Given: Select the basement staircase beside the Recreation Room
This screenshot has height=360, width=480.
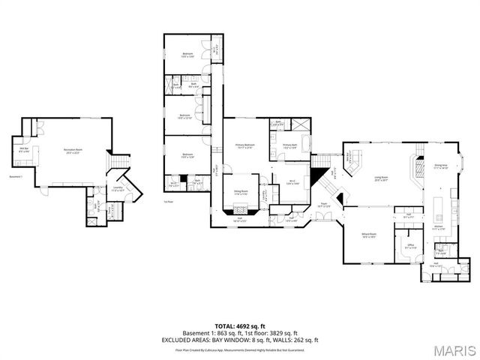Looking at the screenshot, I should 115,162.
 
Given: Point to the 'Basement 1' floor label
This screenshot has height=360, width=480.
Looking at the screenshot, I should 16,177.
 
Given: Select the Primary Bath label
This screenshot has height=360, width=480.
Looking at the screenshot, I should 290,146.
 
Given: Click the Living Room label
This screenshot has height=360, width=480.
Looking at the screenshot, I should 381,178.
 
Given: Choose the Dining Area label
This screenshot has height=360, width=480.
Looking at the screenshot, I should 441,166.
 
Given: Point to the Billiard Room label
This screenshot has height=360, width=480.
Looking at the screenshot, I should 368,237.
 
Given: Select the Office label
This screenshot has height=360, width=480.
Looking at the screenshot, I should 410,247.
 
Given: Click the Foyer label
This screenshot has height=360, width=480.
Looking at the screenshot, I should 324,204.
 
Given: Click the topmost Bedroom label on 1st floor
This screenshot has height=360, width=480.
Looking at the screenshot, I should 187,55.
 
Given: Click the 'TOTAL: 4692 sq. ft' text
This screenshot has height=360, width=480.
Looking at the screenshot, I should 239,326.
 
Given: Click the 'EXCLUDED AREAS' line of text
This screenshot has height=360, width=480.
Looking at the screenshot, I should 239,340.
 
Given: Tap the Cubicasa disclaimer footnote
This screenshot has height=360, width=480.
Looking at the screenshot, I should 239,349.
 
